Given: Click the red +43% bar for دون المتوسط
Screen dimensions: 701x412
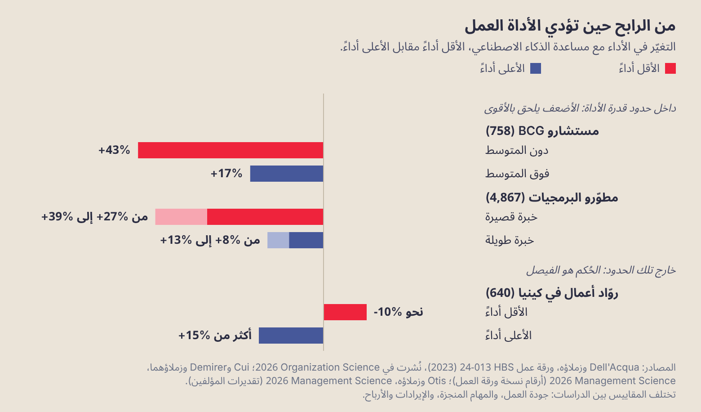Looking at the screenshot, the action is (231, 150).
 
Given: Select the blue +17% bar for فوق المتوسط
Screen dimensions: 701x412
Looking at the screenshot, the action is (287, 174).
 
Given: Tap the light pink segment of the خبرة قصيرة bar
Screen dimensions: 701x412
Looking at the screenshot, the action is (181, 217).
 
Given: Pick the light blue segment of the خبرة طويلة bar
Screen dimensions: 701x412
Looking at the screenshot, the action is (278, 240).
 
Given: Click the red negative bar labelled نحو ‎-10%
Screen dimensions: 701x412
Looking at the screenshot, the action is (345, 312).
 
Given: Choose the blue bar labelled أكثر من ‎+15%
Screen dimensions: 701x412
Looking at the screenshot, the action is (291, 336).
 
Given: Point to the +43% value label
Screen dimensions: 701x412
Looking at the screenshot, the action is (114, 150).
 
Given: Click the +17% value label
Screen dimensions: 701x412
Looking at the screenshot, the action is (226, 173).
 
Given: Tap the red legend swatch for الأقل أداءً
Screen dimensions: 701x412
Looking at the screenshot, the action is (670, 68).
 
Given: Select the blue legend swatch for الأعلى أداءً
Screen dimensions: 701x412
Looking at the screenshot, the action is (536, 68).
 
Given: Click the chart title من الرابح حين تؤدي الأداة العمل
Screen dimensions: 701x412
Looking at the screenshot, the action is (570, 26).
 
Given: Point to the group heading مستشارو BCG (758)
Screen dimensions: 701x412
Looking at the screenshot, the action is (542, 130).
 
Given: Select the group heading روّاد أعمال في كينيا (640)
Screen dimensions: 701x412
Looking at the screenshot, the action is (552, 293).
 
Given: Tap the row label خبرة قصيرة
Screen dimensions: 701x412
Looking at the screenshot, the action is (511, 217).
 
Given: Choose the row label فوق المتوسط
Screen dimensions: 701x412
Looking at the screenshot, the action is (517, 173).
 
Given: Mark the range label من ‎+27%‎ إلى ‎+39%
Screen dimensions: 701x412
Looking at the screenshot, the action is (95, 216).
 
